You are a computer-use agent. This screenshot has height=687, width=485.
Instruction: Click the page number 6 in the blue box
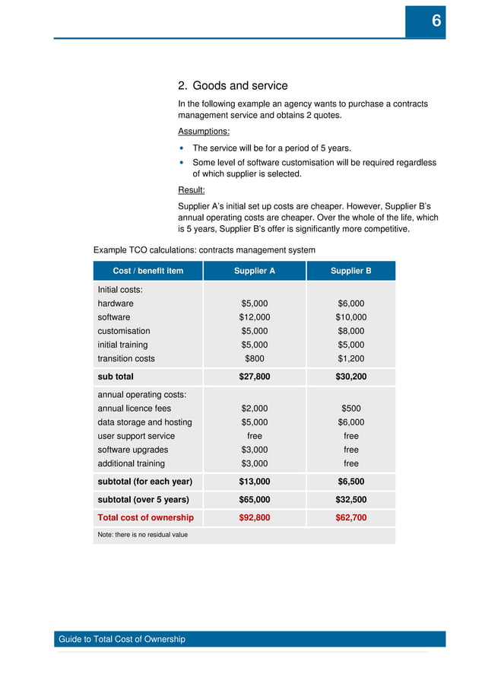[436, 22]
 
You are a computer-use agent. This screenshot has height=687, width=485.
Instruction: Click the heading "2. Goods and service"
[233, 86]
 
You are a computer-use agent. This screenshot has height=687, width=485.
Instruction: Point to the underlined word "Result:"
[191, 190]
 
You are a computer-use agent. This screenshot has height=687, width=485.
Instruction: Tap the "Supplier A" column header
[254, 271]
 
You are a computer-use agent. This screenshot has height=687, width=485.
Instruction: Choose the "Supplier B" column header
[350, 271]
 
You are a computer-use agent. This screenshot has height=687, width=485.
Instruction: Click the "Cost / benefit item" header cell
[147, 271]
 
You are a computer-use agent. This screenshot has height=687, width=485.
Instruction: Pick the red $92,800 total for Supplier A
[254, 517]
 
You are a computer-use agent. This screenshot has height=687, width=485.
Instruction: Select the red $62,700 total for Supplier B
[350, 517]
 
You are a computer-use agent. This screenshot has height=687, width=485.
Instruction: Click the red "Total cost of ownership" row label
[145, 517]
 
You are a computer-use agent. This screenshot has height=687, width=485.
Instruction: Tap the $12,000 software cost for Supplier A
[254, 317]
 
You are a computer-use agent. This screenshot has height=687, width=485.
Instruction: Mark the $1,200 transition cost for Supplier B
[350, 358]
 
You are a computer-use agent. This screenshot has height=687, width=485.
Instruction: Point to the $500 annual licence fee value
[350, 409]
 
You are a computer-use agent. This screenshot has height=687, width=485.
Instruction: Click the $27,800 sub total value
[254, 377]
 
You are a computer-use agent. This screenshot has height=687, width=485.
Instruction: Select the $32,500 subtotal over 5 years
[350, 500]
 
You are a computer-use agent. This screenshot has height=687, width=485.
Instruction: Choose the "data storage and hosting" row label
[144, 422]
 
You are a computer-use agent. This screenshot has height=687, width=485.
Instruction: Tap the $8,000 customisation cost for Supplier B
[350, 331]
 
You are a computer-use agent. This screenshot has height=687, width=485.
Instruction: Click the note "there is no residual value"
[142, 535]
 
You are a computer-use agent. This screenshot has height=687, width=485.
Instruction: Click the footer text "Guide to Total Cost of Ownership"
[122, 639]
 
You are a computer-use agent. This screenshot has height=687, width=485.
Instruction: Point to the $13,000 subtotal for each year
[254, 482]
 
